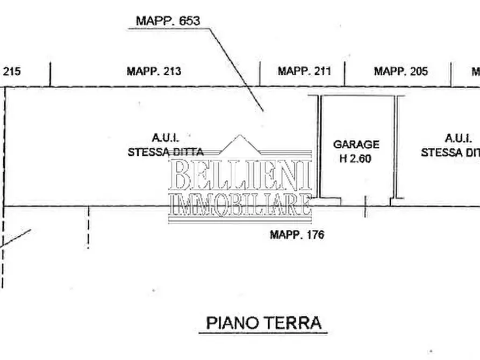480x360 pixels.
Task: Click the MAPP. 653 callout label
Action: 168,21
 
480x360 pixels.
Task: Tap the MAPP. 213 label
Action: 154,71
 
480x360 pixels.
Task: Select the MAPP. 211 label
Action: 304,71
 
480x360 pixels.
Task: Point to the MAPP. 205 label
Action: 401,71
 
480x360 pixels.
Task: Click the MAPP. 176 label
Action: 297,235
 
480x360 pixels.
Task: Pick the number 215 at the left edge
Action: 12,71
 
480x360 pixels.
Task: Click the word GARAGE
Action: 356,145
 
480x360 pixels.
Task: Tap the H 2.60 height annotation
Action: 356,159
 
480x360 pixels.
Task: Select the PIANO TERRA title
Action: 264,323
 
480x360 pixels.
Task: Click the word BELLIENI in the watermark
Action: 240,175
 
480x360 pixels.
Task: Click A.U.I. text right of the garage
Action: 457,138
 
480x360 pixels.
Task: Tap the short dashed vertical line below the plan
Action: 89,228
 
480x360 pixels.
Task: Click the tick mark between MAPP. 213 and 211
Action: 260,74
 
